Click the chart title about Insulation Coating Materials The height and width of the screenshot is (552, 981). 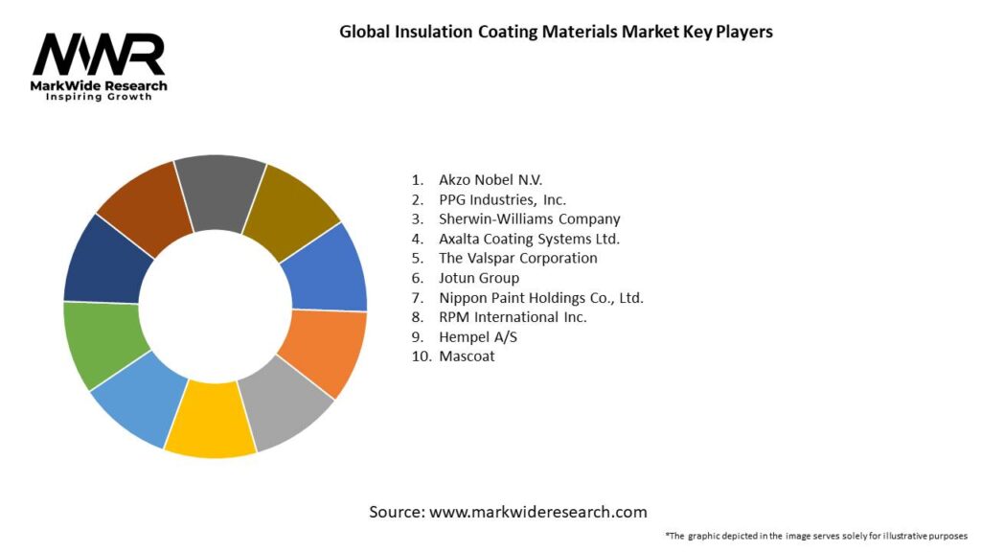(x=556, y=32)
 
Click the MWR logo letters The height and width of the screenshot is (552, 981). (x=99, y=55)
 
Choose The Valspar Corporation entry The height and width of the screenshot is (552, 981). (x=517, y=258)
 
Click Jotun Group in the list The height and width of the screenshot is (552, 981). (x=479, y=278)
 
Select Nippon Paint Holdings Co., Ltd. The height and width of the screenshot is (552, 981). (x=540, y=298)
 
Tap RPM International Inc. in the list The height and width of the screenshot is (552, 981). (x=513, y=317)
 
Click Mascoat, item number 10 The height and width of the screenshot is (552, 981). (x=468, y=356)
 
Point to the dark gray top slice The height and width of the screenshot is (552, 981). (x=220, y=187)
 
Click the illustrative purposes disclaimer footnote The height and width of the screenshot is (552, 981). (x=816, y=535)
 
